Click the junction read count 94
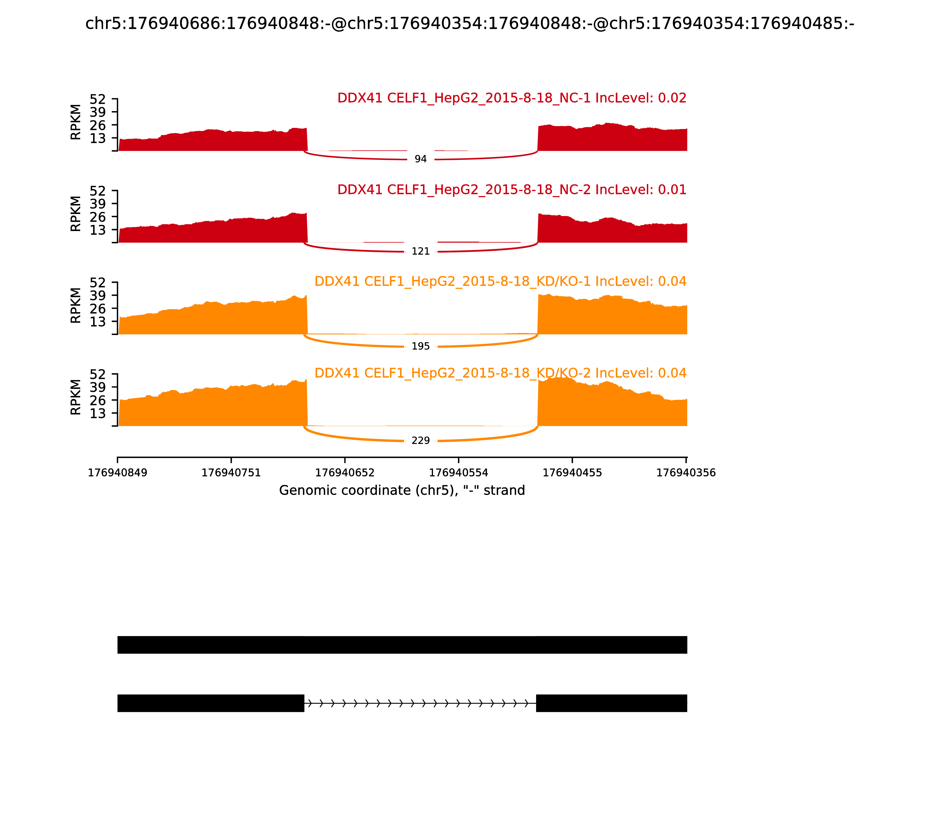(420, 159)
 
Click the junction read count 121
(420, 252)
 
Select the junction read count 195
(420, 346)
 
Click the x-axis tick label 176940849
(117, 473)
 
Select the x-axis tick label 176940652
(345, 473)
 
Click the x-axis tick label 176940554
(459, 473)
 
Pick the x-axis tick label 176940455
(572, 473)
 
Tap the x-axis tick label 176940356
(686, 473)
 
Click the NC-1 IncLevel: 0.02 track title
(512, 98)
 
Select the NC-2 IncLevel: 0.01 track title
(512, 190)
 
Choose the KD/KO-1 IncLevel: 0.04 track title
(500, 282)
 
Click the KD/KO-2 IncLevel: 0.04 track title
(500, 373)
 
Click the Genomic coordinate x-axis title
(402, 491)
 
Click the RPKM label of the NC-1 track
(76, 122)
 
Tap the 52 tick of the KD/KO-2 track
(97, 374)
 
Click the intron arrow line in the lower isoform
(420, 703)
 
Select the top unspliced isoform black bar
(402, 645)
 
